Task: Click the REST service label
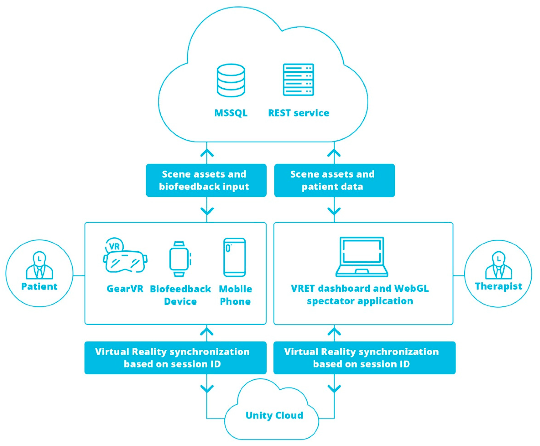pos(299,113)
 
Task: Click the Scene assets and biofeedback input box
pos(206,180)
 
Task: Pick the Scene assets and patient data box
pos(334,180)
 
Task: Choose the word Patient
pos(39,286)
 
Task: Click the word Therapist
pos(498,286)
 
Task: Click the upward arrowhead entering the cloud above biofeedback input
pos(207,153)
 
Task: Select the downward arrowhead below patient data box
pos(334,211)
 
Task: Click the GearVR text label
pos(125,289)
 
